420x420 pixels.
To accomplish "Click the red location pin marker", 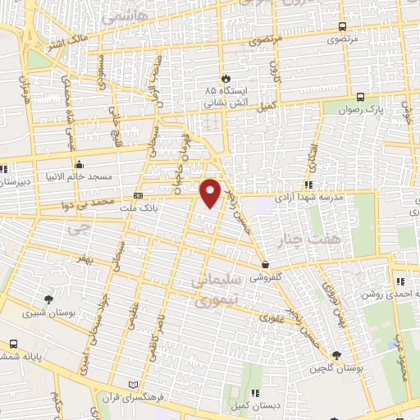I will [211, 193].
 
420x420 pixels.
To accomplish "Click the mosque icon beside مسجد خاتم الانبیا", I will [79, 162].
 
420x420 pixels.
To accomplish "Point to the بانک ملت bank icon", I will [137, 195].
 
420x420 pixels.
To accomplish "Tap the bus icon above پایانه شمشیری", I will [14, 344].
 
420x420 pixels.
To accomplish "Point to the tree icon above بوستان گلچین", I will [336, 354].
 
